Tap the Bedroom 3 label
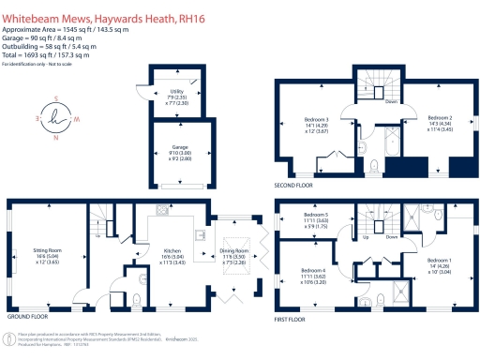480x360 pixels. [x=321, y=120]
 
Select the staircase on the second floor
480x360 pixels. [x=372, y=84]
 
